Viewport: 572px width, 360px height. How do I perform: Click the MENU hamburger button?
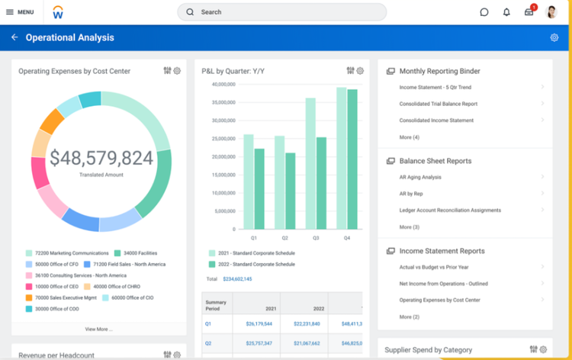click(20, 12)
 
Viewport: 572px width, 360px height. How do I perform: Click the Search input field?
click(282, 12)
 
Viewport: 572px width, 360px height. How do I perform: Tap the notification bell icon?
click(506, 12)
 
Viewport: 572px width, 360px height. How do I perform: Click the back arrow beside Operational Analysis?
click(14, 37)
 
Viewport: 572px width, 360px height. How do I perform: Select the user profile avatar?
click(551, 12)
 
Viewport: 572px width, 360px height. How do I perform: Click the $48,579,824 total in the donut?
click(101, 158)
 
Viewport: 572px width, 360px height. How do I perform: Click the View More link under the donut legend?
click(98, 329)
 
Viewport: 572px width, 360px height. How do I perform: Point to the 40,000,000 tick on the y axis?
click(218, 102)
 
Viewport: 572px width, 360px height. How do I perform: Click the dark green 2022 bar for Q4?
click(352, 159)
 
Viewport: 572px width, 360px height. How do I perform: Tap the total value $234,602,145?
click(237, 279)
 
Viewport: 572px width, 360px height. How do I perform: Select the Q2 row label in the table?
click(208, 344)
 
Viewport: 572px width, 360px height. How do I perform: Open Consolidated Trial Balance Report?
click(439, 104)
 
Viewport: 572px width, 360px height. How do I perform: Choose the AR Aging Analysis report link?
click(420, 177)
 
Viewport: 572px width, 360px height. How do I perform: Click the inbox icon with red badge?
click(529, 12)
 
